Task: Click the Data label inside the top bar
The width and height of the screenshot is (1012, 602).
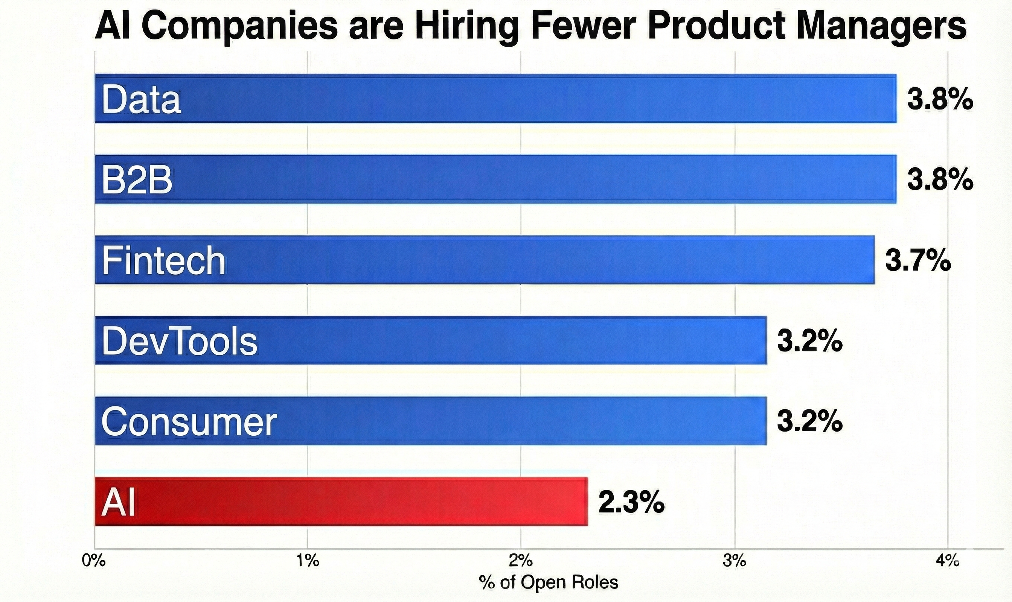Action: point(141,99)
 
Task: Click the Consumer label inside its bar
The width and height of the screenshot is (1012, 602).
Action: point(189,421)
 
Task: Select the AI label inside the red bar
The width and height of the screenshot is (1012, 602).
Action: point(118,502)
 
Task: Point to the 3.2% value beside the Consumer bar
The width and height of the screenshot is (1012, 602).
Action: point(809,421)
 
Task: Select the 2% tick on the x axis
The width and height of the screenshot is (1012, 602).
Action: point(520,561)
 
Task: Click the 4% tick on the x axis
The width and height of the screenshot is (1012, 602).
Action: point(948,561)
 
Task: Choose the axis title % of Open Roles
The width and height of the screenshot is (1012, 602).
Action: point(549,582)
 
